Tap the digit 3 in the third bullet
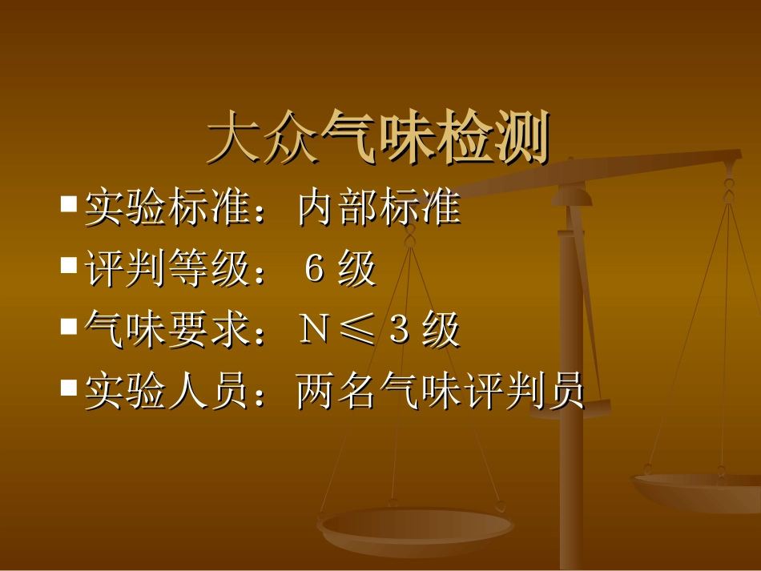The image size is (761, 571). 398,332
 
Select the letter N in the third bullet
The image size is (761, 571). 312,332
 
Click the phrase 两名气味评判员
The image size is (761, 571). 440,393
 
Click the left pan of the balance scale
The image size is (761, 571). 416,529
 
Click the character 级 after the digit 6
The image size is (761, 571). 356,270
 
